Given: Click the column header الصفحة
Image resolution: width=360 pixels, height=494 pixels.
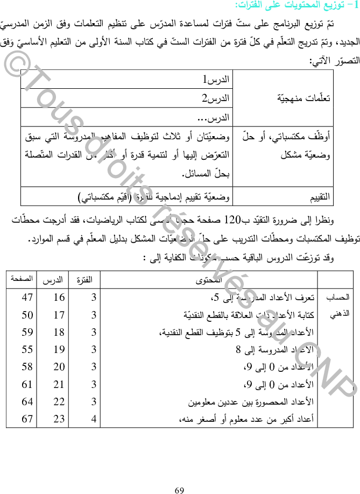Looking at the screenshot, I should tap(21, 280).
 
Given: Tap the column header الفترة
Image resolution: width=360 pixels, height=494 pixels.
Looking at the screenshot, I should tap(84, 280).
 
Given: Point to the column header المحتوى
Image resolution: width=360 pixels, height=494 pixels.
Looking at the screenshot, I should tap(209, 280).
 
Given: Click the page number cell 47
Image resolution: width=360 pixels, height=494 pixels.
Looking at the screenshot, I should tap(27, 298).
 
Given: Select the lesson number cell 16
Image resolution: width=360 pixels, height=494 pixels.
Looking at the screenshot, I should tap(59, 298).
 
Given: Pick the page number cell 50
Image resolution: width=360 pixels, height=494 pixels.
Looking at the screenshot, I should tap(27, 315).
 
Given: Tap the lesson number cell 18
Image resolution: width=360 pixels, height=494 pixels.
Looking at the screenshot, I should tap(59, 332).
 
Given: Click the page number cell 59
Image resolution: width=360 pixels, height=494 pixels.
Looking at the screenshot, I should tap(27, 332).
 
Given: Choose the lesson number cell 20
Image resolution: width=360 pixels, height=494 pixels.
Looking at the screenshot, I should tap(59, 367).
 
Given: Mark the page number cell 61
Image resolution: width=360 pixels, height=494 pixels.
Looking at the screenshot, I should tap(27, 384).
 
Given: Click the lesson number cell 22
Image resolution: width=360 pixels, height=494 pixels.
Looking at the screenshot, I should tap(59, 401).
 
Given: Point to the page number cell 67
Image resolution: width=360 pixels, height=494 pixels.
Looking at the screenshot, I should tap(27, 419).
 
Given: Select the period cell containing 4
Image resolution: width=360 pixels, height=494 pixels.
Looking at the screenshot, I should tap(94, 419).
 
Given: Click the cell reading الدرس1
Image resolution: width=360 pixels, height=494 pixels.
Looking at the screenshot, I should tap(215, 80).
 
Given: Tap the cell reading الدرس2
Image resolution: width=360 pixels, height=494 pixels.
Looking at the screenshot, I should tap(215, 98).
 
